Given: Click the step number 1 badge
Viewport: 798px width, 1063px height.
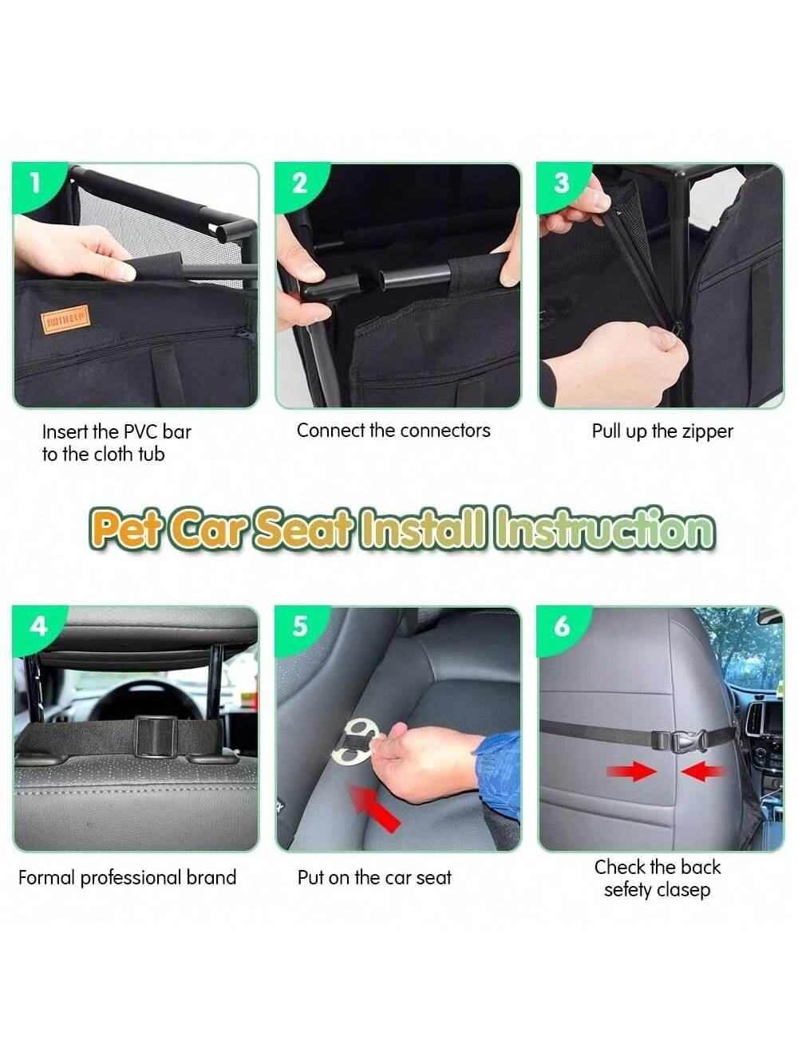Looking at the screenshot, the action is pos(35,183).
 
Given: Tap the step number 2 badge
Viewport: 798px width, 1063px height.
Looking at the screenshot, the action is pos(298,183).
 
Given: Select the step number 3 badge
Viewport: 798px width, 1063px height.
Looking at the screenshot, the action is pos(561,183).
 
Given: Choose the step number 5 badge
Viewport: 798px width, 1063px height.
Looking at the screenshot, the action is pos(299,627).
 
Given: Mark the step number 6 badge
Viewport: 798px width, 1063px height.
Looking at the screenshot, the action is pos(562,627).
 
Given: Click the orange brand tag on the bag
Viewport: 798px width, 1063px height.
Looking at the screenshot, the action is pos(66,319).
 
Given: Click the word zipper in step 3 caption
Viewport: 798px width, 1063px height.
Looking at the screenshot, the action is pos(707,432).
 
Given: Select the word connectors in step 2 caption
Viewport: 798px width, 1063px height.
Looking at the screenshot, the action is pos(445,431).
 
